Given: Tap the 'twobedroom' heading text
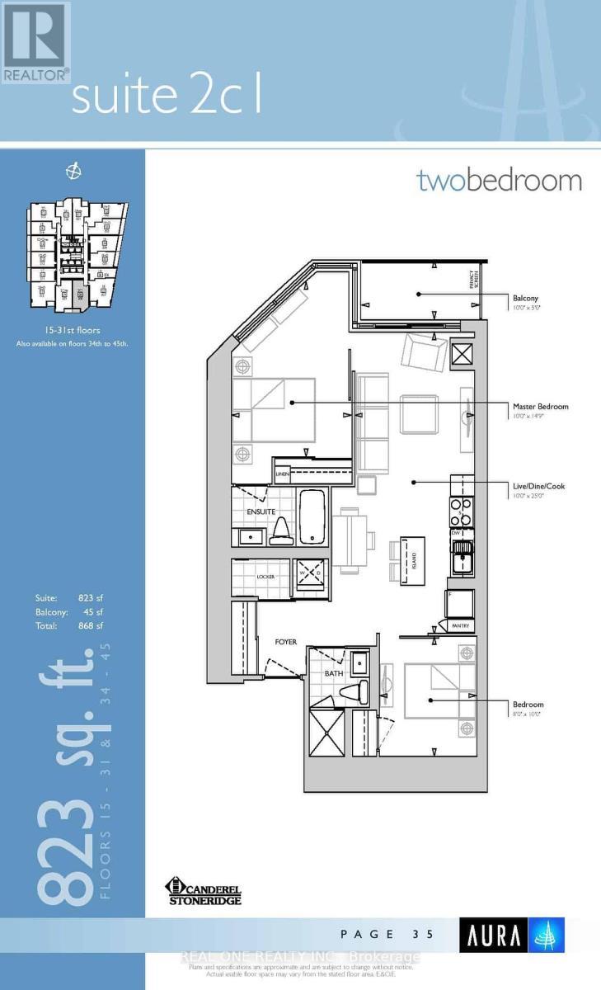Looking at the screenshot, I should (499, 180).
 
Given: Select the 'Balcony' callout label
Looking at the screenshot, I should (527, 299).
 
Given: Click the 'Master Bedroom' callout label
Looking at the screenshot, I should (540, 407).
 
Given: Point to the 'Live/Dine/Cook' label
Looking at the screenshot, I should (538, 487).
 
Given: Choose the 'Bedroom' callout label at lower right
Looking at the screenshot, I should (528, 705).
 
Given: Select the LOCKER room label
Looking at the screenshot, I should (265, 576).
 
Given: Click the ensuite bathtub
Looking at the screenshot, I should (312, 516).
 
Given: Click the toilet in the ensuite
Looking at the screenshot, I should (279, 530).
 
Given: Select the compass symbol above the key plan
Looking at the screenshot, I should (74, 171).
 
